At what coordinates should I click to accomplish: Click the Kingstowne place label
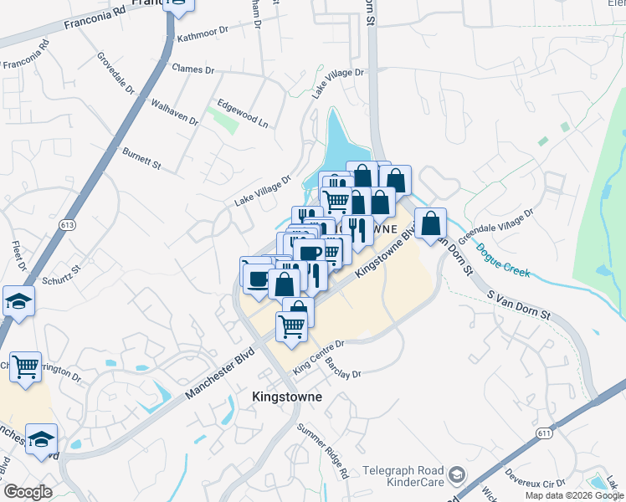pyautogui.click(x=287, y=397)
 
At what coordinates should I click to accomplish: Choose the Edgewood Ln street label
pyautogui.click(x=243, y=114)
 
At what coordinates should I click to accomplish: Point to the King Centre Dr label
pyautogui.click(x=318, y=357)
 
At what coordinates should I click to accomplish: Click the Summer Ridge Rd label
pyautogui.click(x=323, y=451)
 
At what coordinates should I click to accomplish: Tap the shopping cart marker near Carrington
pyautogui.click(x=25, y=365)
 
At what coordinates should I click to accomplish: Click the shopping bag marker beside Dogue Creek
pyautogui.click(x=430, y=223)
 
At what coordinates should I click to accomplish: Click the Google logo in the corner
pyautogui.click(x=28, y=492)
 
